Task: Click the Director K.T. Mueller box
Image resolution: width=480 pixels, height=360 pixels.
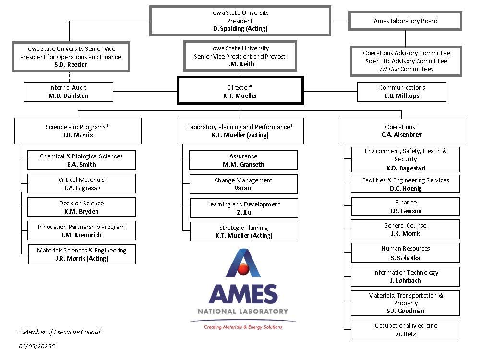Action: click(240, 91)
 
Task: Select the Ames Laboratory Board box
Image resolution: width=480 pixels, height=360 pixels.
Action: click(406, 21)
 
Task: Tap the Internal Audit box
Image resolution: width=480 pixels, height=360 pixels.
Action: click(68, 92)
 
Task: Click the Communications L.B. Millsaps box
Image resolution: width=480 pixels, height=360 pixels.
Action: click(402, 92)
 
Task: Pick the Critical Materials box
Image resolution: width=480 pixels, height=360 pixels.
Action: click(81, 184)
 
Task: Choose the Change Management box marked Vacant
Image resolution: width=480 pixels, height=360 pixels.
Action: click(243, 184)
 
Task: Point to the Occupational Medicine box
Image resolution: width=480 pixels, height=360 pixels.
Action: click(406, 330)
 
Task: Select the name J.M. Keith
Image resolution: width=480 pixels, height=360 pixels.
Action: click(240, 64)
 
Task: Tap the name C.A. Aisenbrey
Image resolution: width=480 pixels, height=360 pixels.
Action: click(402, 135)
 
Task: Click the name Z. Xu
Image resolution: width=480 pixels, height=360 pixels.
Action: click(244, 212)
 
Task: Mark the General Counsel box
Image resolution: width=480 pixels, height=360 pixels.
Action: click(405, 229)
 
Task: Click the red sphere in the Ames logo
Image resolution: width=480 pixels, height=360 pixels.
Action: click(243, 270)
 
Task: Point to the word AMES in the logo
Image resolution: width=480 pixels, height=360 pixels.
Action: click(243, 294)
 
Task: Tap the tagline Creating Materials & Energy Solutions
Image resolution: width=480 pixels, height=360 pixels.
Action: click(243, 327)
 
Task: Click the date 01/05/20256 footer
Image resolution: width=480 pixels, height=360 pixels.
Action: click(37, 346)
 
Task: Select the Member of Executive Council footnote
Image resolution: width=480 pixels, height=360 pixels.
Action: click(60, 332)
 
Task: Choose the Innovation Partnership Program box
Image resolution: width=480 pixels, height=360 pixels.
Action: click(81, 231)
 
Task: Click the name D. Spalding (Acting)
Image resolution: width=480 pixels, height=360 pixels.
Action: click(240, 29)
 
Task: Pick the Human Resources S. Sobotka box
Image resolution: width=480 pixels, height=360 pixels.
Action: click(405, 253)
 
